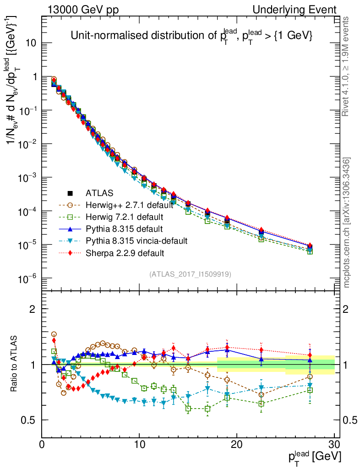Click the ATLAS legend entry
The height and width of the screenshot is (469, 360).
coord(99,193)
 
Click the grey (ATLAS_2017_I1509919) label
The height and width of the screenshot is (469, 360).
coord(190,274)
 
